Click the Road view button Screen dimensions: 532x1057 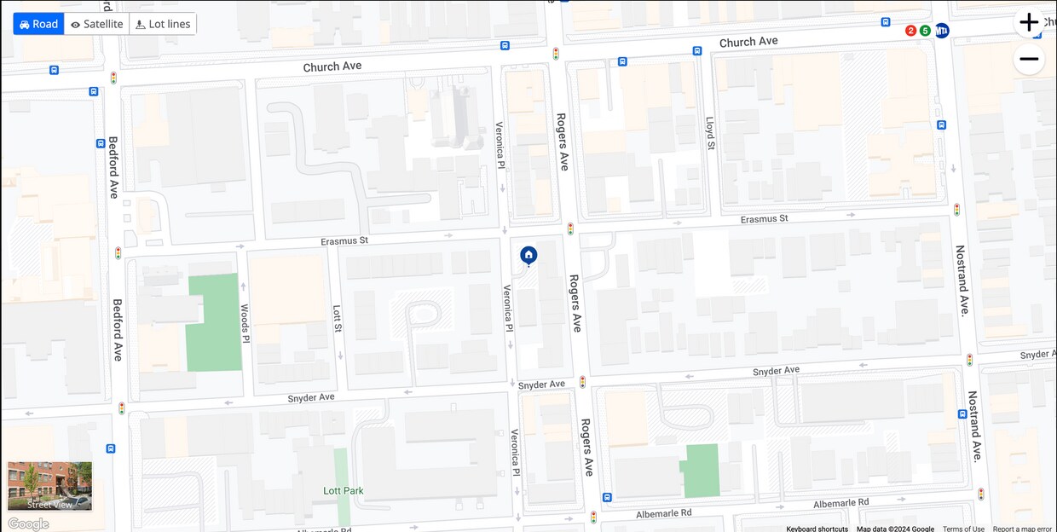pyautogui.click(x=39, y=24)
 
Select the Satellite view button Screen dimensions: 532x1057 pyautogui.click(x=96, y=24)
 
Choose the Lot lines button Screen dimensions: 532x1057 pyautogui.click(x=163, y=24)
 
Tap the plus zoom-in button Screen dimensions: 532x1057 pyautogui.click(x=1029, y=23)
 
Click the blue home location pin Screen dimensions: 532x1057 pyautogui.click(x=528, y=255)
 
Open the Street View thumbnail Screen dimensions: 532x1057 pyautogui.click(x=49, y=486)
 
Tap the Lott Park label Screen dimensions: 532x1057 pyautogui.click(x=344, y=491)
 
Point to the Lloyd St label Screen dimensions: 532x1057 pyautogui.click(x=709, y=133)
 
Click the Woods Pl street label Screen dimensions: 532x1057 pyautogui.click(x=245, y=323)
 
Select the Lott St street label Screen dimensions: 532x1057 pyautogui.click(x=338, y=319)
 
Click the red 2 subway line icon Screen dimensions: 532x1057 pyautogui.click(x=910, y=31)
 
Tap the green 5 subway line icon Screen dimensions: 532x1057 pyautogui.click(x=925, y=31)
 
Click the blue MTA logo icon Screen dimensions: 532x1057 pyautogui.click(x=942, y=31)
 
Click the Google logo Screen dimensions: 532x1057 pyautogui.click(x=28, y=523)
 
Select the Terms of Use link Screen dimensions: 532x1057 pyautogui.click(x=963, y=529)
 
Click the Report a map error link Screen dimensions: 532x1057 pyautogui.click(x=1022, y=529)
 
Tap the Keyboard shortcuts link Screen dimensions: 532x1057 pyautogui.click(x=817, y=529)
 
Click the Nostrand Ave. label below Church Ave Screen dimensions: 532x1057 pyautogui.click(x=963, y=280)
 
